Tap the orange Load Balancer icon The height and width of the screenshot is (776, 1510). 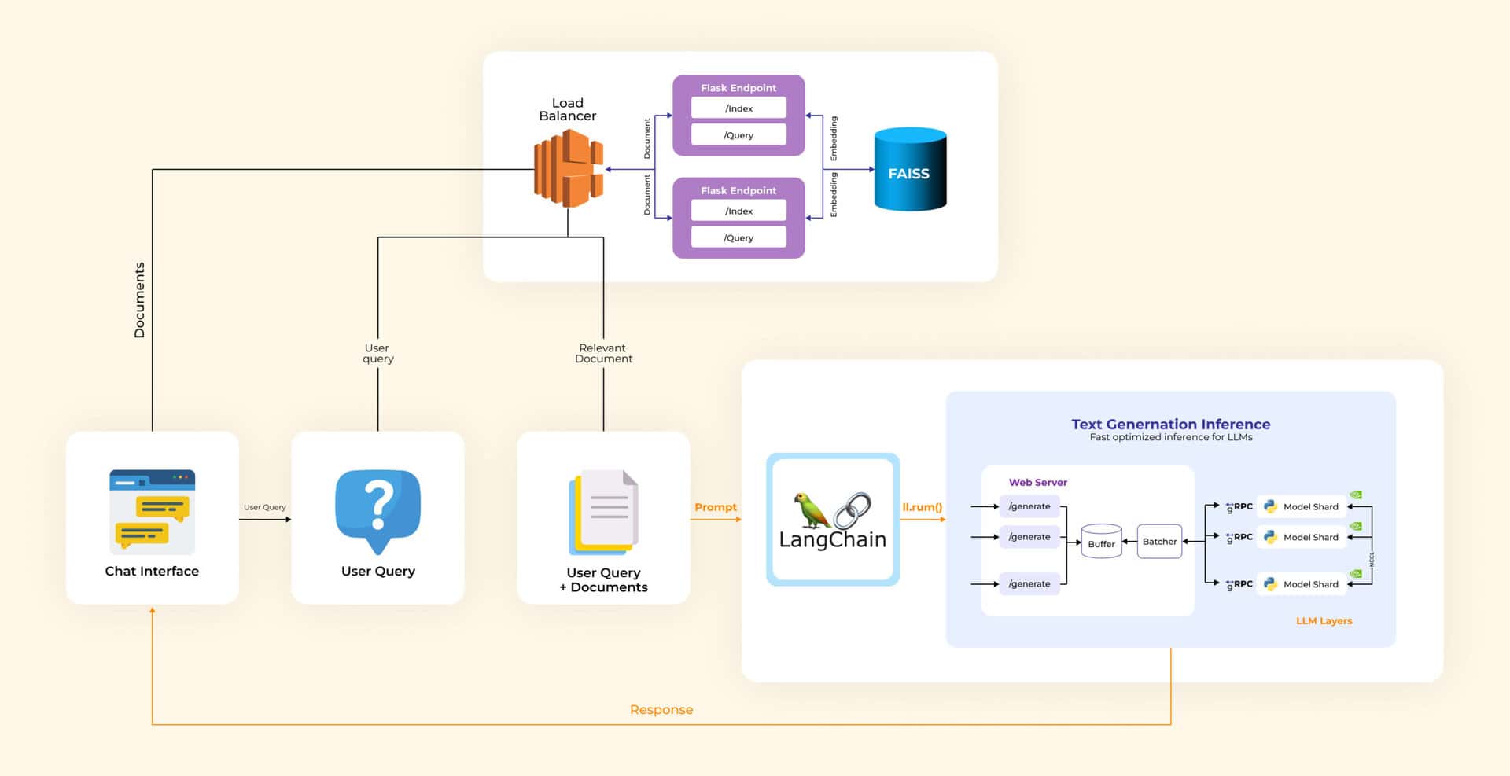568,168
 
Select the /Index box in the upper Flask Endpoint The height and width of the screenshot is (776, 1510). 738,108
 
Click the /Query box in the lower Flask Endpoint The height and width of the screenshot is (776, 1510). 738,237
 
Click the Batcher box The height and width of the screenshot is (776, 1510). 1159,542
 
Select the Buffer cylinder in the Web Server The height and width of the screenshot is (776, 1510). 1101,542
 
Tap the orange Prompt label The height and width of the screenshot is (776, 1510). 715,507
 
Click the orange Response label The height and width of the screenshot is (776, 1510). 661,709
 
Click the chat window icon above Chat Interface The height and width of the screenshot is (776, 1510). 152,511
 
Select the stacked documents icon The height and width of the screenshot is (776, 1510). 603,512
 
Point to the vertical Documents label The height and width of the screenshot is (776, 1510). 140,300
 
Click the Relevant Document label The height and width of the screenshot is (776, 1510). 603,353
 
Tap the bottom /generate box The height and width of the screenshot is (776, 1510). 1029,583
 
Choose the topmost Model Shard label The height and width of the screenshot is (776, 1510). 1310,506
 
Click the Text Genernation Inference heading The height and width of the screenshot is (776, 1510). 1170,424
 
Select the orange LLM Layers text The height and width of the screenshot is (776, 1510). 1324,620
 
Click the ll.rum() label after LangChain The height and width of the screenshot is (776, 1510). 922,507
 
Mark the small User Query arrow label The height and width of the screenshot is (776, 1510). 264,507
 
